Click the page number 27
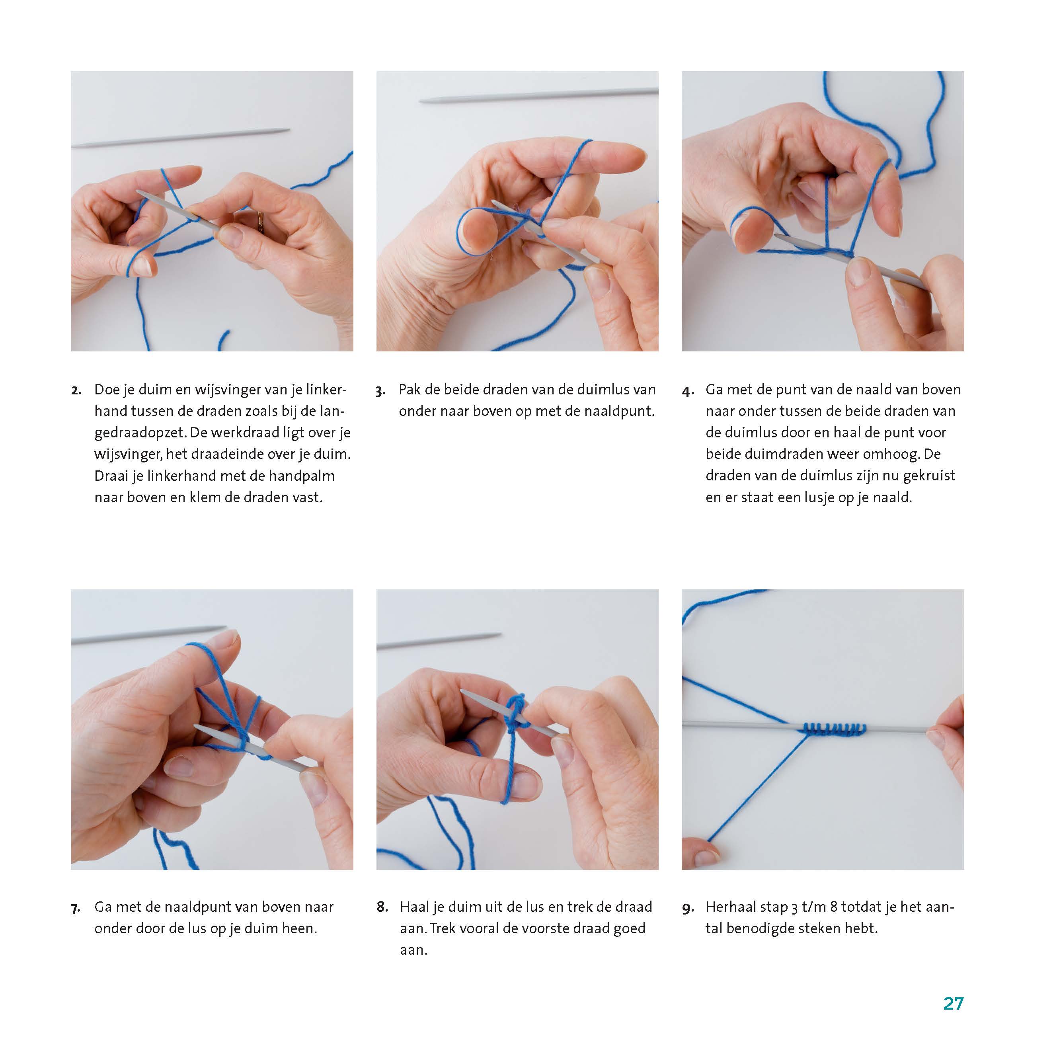[953, 1003]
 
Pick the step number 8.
[382, 907]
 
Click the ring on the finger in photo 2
[260, 222]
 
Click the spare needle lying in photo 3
[538, 95]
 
